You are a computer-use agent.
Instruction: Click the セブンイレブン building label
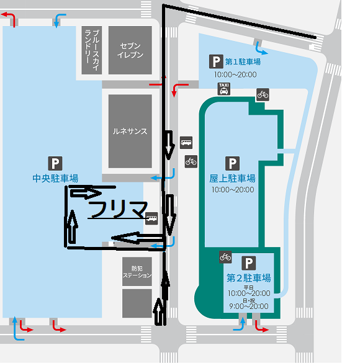click(x=130, y=50)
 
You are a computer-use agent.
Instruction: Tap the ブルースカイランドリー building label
click(x=92, y=50)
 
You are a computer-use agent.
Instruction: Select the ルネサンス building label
click(x=130, y=132)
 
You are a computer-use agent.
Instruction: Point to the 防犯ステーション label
click(x=137, y=272)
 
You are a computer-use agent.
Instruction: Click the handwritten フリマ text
click(x=118, y=210)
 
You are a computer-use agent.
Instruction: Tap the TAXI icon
click(x=224, y=89)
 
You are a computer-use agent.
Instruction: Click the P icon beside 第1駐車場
click(x=216, y=61)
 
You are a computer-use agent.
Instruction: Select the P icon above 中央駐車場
click(x=55, y=163)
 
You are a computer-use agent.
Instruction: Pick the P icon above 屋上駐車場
click(x=232, y=163)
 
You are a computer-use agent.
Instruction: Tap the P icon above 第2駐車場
click(x=249, y=263)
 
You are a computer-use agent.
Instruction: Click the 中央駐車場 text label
click(x=55, y=178)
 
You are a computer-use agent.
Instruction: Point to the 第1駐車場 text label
click(x=243, y=62)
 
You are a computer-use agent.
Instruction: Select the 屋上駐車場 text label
click(x=232, y=178)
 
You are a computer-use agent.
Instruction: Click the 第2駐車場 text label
click(x=249, y=278)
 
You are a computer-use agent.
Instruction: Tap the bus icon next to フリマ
click(x=151, y=218)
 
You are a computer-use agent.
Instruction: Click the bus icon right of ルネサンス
click(x=186, y=142)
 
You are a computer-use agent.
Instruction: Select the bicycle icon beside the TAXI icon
click(x=263, y=95)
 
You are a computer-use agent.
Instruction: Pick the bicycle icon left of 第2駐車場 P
click(x=225, y=257)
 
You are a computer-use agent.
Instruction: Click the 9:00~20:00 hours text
click(x=249, y=307)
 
